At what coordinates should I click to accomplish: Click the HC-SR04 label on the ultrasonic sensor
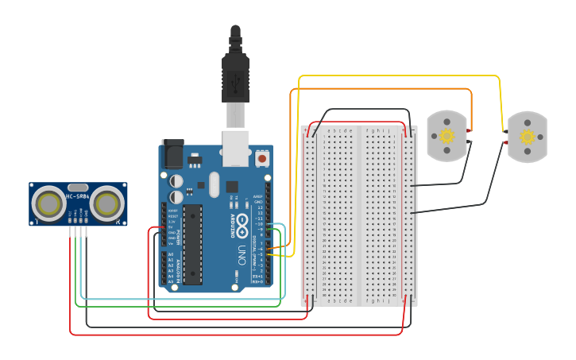tap(77, 196)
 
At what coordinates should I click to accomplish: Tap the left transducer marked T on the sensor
tap(48, 204)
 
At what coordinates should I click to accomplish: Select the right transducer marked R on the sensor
tap(106, 204)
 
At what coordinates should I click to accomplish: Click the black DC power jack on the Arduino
tap(172, 154)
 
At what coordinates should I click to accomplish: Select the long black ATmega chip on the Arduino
tap(193, 244)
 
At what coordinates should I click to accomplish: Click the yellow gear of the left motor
tap(446, 136)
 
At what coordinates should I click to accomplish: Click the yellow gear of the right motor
tap(528, 137)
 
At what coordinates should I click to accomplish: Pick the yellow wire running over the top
tap(397, 76)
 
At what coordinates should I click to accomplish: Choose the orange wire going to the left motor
tap(381, 89)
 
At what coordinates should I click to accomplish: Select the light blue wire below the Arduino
tap(183, 299)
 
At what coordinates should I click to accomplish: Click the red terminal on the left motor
tap(470, 130)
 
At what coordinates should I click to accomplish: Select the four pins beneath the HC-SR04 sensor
tap(77, 231)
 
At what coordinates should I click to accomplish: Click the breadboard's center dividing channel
tap(359, 215)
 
